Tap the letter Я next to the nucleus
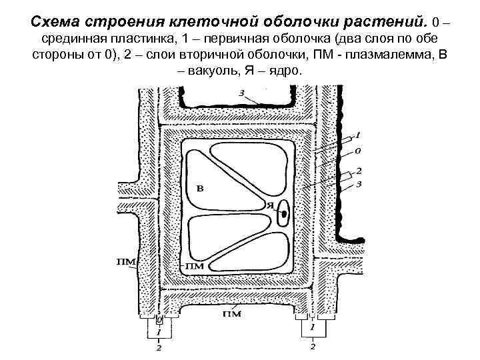click(270, 205)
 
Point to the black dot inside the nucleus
click(285, 214)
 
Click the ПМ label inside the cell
click(193, 267)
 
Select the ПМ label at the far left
click(126, 262)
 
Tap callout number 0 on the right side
click(357, 149)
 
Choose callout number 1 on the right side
click(358, 135)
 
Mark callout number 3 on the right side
click(359, 183)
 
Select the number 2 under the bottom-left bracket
click(159, 347)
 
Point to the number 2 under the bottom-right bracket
click(313, 347)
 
